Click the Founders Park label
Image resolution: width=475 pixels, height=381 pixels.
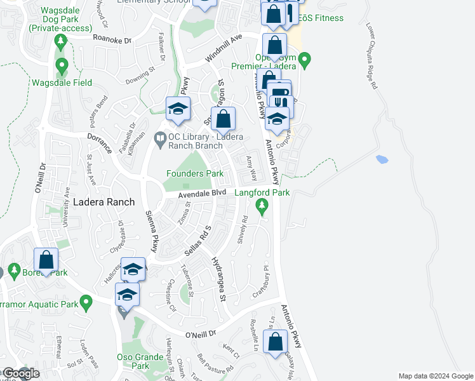195,173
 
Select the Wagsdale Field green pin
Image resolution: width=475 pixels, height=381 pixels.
62,65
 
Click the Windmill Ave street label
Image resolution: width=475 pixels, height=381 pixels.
224,48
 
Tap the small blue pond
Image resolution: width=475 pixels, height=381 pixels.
382,159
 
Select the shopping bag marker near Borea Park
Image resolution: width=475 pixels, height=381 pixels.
46,260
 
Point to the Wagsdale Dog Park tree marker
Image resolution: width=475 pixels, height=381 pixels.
61,43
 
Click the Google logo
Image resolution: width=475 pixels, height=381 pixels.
20,373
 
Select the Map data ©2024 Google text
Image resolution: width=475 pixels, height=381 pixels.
436,376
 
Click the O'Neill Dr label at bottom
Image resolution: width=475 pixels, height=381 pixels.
201,333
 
